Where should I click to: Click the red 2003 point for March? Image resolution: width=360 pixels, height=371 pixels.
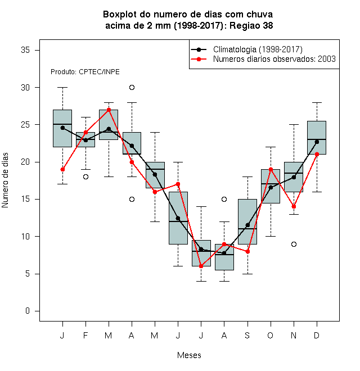click(x=109, y=110)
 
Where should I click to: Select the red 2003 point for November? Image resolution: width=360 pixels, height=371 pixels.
click(x=294, y=206)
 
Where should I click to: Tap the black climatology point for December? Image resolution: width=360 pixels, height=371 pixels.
click(x=317, y=142)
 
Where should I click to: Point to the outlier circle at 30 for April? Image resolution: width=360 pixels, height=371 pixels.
click(x=132, y=88)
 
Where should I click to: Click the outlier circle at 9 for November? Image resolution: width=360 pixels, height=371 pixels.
click(x=294, y=244)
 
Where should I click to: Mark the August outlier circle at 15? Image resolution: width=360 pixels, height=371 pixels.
click(x=224, y=199)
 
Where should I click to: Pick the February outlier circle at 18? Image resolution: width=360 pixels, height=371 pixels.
click(x=85, y=177)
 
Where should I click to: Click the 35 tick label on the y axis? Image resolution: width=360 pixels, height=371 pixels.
click(x=25, y=50)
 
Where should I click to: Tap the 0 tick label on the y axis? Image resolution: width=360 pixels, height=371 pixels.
click(x=28, y=311)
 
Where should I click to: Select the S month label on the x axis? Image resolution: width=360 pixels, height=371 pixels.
click(x=247, y=336)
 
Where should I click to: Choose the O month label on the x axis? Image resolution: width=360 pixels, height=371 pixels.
click(x=270, y=336)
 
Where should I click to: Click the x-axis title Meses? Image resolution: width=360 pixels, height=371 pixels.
click(x=189, y=355)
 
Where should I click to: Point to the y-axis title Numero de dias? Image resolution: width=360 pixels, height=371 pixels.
click(x=5, y=180)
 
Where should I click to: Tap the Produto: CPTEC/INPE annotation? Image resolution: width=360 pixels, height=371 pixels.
click(x=85, y=72)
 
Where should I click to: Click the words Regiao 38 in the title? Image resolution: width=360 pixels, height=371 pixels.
click(x=251, y=25)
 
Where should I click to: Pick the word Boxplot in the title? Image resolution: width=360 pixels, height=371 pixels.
click(x=120, y=15)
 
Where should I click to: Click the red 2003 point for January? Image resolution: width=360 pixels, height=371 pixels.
click(x=62, y=169)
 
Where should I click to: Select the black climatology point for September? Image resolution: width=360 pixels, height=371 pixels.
click(x=247, y=225)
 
